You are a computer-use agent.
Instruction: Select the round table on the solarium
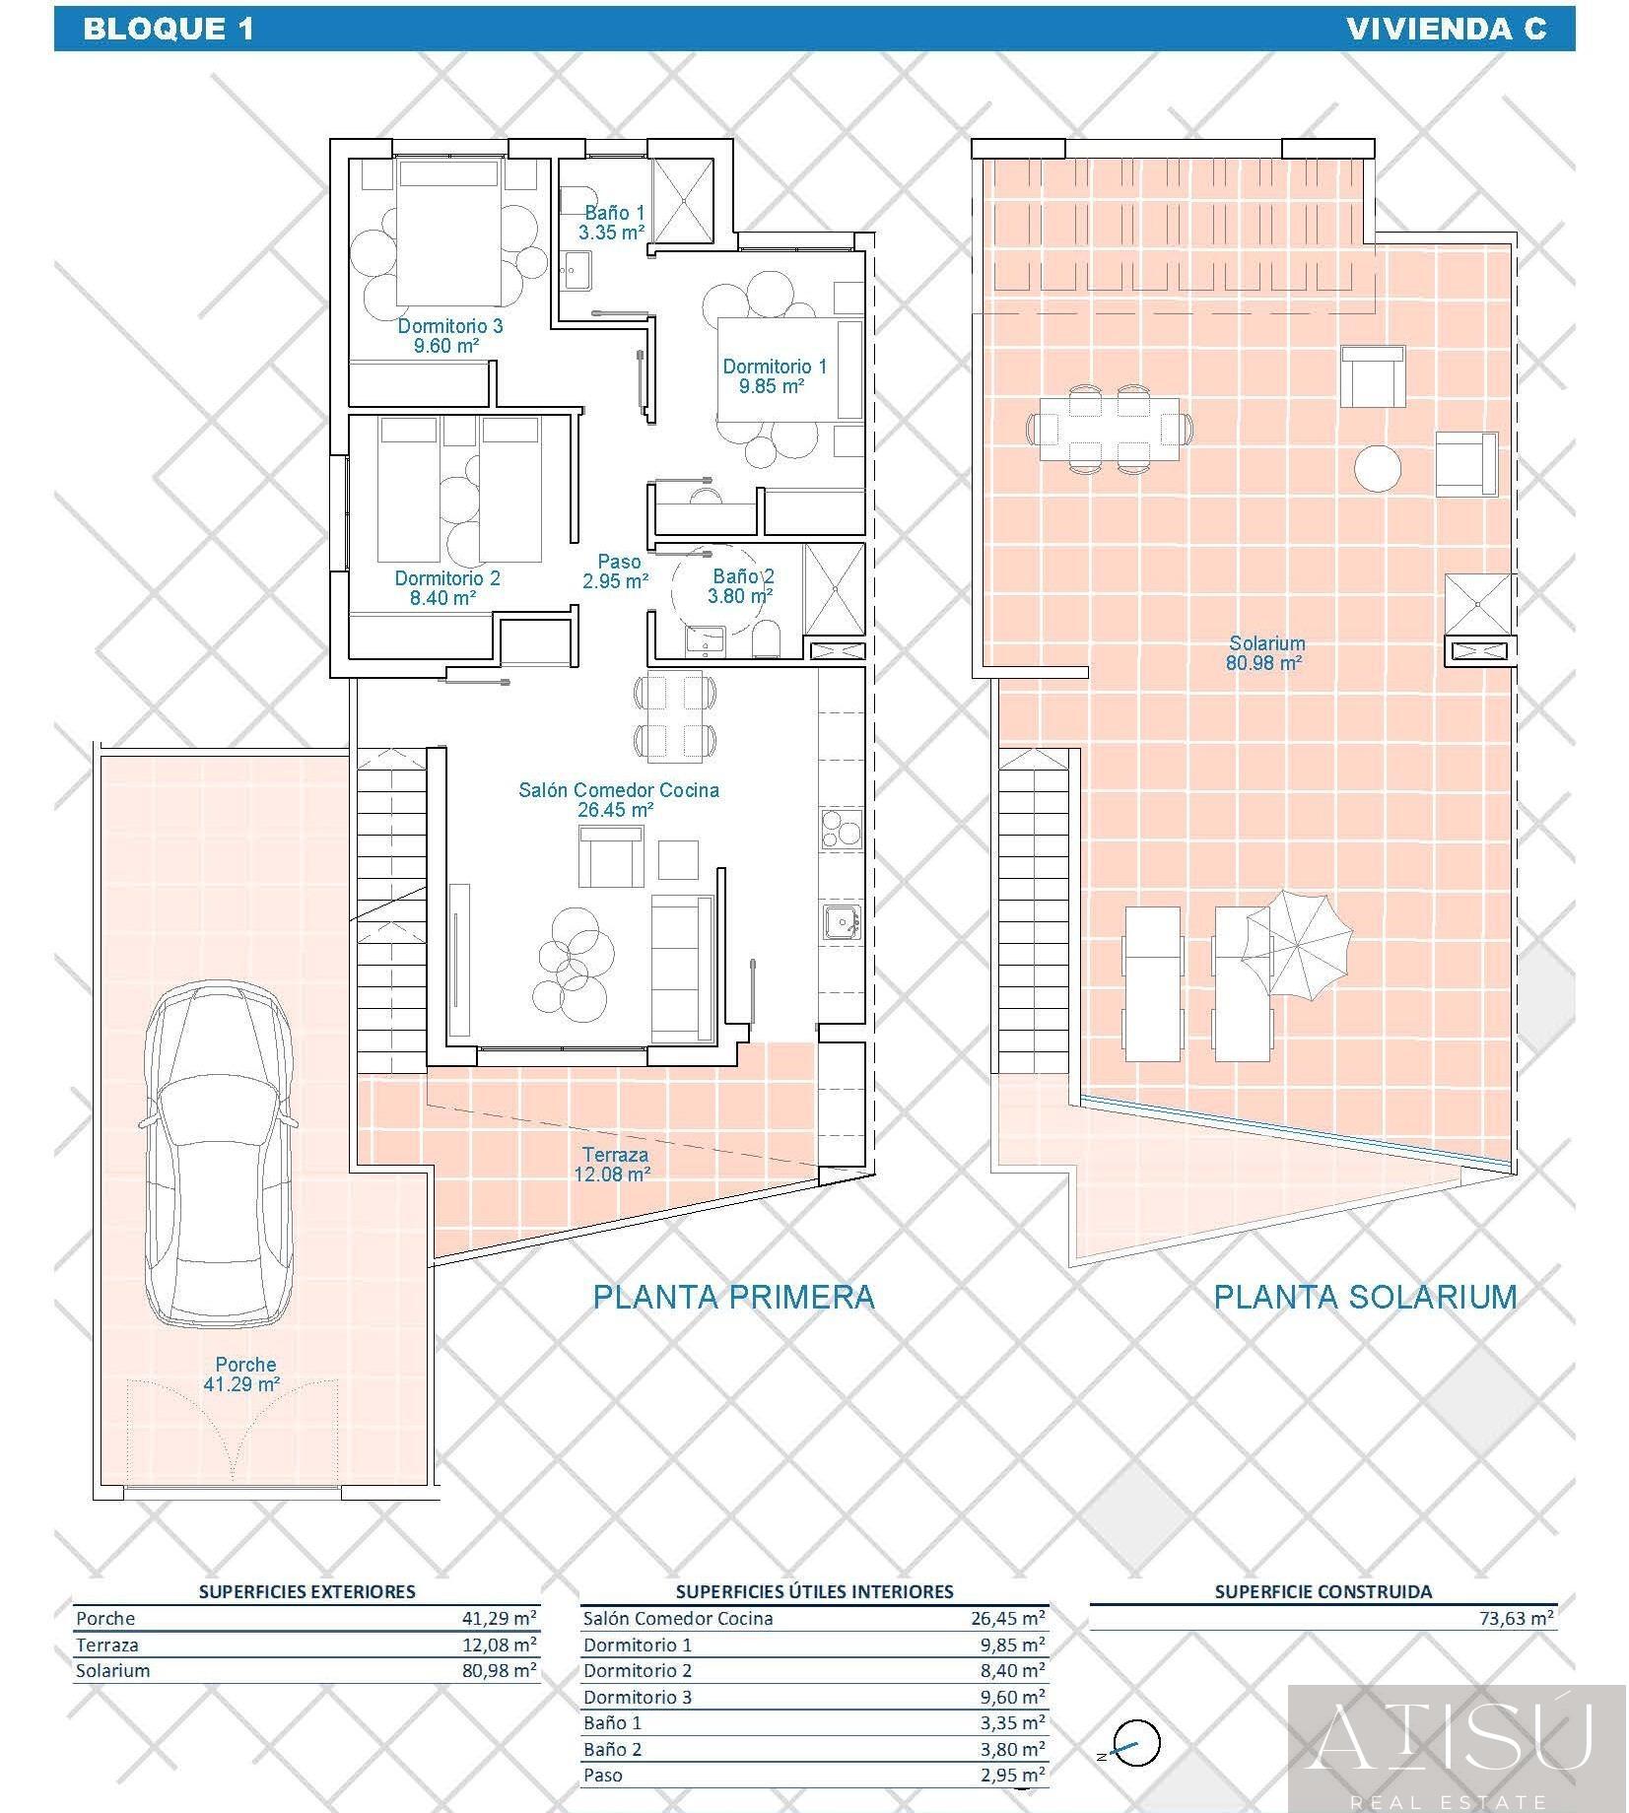coord(1378,468)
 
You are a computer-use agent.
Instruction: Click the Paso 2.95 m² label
coord(615,571)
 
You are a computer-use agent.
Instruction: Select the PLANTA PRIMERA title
coord(733,1296)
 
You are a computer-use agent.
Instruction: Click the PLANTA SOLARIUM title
coord(1365,1296)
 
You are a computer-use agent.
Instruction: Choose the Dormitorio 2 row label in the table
coord(638,1698)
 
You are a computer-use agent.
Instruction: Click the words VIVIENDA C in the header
coord(1446,29)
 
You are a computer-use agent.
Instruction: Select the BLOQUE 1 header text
coord(169,29)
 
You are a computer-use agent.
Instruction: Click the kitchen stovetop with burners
coord(840,827)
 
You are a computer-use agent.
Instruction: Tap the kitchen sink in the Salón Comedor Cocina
coord(841,924)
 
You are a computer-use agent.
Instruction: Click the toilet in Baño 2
coord(766,639)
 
